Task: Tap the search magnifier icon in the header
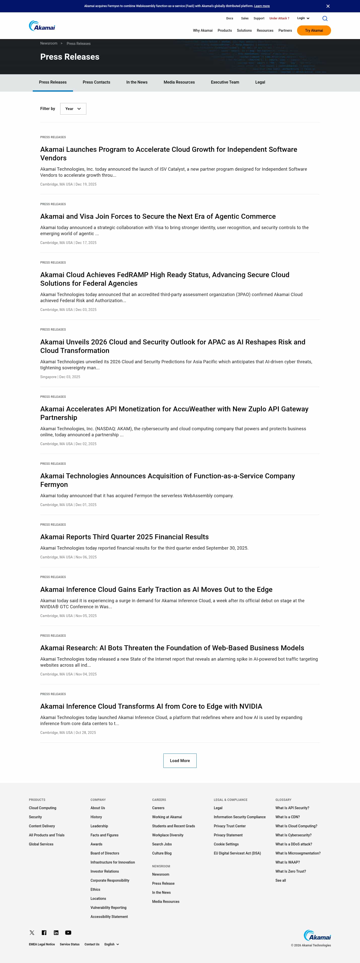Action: tap(325, 18)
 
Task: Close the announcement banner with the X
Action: tap(328, 6)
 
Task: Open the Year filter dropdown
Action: tap(73, 109)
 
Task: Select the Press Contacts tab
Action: tap(96, 82)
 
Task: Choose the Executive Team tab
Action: tap(225, 82)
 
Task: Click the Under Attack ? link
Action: tap(279, 18)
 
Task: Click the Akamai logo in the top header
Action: tap(42, 26)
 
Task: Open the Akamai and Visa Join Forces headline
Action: tap(158, 217)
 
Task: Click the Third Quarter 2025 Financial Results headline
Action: tap(124, 537)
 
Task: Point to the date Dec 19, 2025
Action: tap(86, 184)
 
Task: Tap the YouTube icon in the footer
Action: tap(68, 933)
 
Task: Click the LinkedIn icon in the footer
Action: tap(56, 933)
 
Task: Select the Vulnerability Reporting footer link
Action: tap(109, 908)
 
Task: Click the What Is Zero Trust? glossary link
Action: tap(291, 871)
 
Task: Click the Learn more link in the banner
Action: tap(262, 6)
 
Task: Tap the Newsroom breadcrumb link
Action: tap(49, 43)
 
